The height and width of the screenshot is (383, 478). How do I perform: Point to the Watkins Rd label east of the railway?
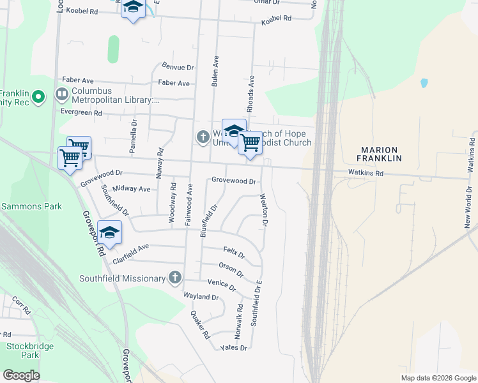coord(366,173)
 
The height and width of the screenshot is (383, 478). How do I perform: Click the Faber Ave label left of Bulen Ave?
coord(174,83)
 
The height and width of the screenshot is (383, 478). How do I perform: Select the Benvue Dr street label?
coord(178,66)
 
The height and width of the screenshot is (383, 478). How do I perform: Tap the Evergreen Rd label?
coord(80,113)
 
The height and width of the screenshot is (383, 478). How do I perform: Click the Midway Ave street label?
coord(131,189)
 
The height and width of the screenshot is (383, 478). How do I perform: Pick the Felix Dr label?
coord(235,253)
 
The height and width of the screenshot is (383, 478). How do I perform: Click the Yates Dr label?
coord(233,348)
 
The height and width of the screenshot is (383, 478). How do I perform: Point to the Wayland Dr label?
coord(201,297)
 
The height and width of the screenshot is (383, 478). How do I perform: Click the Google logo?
coord(21,375)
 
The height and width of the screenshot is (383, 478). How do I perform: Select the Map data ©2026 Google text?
coord(438,378)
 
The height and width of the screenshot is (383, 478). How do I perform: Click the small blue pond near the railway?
coord(424,83)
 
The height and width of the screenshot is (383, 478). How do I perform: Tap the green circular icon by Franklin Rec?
coord(38,97)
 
